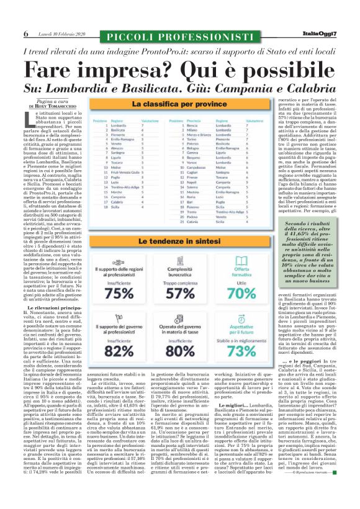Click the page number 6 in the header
coord(26,34)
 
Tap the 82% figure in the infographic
coord(119,351)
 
